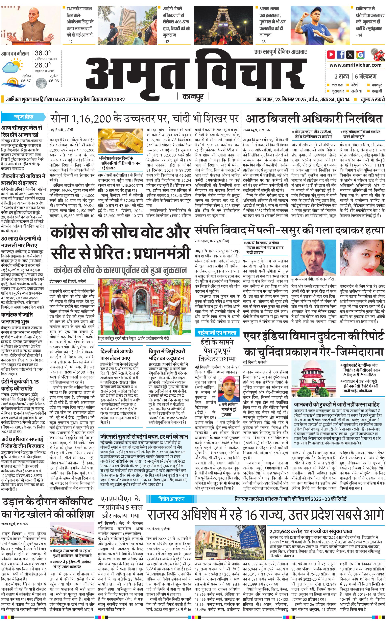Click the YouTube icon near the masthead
click(331, 55)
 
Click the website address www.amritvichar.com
click(355, 65)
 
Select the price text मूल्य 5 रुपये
click(372, 99)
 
